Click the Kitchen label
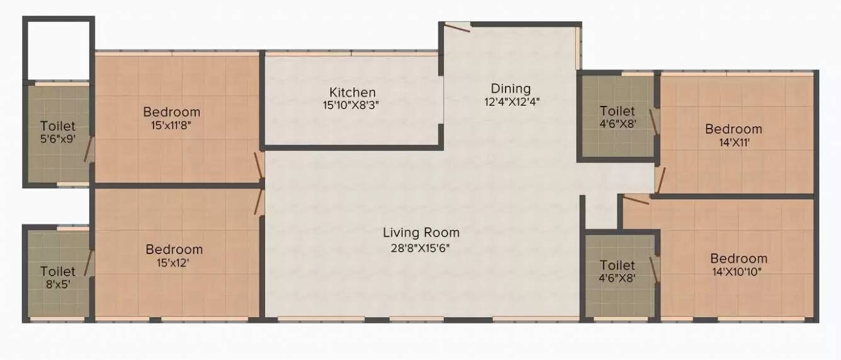[353, 93]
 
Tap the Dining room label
[511, 88]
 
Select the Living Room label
[421, 233]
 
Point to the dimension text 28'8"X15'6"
[421, 248]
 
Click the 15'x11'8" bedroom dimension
[172, 125]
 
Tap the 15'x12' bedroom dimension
[174, 262]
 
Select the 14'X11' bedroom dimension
[733, 142]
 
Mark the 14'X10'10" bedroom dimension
[739, 272]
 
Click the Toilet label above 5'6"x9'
[58, 126]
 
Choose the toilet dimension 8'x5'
[58, 284]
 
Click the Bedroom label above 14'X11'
[733, 129]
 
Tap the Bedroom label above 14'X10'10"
[739, 258]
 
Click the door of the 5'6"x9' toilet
[89, 150]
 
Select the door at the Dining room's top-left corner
[456, 26]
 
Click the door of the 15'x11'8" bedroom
[259, 166]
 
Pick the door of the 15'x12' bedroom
[258, 202]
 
